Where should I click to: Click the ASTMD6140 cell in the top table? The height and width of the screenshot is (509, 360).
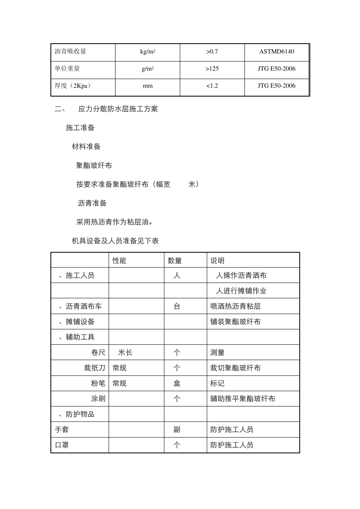276,52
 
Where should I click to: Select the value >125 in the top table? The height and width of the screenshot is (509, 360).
212,69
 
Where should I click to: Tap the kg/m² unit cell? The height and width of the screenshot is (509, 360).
147,52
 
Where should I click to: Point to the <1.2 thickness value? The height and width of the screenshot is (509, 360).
212,86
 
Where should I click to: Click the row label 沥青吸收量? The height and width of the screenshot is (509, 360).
70,52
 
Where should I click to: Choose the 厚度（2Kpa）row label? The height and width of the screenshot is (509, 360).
73,86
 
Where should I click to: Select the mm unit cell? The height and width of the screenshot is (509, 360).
147,86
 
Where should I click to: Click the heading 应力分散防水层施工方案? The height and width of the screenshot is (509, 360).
118,109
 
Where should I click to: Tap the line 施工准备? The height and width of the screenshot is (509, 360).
80,128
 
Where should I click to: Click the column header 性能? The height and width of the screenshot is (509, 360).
119,261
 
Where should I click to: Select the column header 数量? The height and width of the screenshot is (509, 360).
175,261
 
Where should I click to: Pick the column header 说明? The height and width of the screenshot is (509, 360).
218,261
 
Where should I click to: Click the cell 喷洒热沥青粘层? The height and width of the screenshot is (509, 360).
235,306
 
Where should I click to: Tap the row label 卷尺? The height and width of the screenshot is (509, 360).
98,353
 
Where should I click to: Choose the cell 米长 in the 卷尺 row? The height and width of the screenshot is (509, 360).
125,353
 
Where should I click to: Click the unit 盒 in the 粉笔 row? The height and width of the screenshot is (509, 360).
177,383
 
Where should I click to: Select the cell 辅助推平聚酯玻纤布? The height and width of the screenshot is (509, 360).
243,399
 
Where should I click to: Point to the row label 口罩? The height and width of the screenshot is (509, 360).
62,445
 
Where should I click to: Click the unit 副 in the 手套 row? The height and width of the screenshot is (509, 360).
177,429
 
